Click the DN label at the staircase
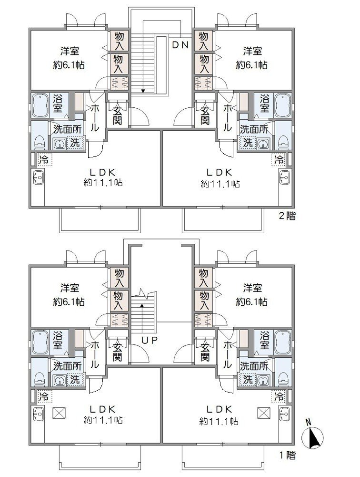(x=181, y=46)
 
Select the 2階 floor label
(x=287, y=216)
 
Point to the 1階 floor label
(x=287, y=456)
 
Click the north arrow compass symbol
(x=313, y=436)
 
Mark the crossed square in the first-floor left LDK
(x=60, y=413)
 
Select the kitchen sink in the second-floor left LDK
(x=38, y=178)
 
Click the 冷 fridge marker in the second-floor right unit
(x=280, y=159)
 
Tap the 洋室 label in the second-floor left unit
(x=70, y=51)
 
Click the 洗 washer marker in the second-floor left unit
(x=75, y=142)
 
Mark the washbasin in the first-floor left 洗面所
(x=60, y=381)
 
